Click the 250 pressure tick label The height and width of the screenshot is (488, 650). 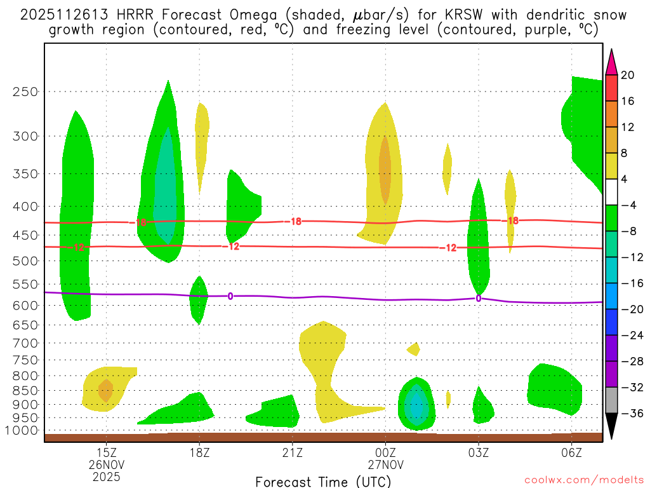click(x=25, y=91)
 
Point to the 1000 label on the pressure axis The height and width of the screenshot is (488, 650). click(x=22, y=430)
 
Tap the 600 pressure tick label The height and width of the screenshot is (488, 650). click(x=25, y=305)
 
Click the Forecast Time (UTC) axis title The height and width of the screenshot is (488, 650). click(x=323, y=481)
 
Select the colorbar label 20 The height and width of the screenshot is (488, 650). click(x=628, y=75)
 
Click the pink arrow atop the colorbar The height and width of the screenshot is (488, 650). click(x=611, y=62)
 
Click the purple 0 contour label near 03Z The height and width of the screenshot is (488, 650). click(x=478, y=298)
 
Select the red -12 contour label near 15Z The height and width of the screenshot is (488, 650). click(x=79, y=247)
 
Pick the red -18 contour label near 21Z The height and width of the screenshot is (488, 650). click(x=295, y=221)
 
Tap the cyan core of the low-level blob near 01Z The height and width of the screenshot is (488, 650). click(x=416, y=405)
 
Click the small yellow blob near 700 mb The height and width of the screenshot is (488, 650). click(x=414, y=348)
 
